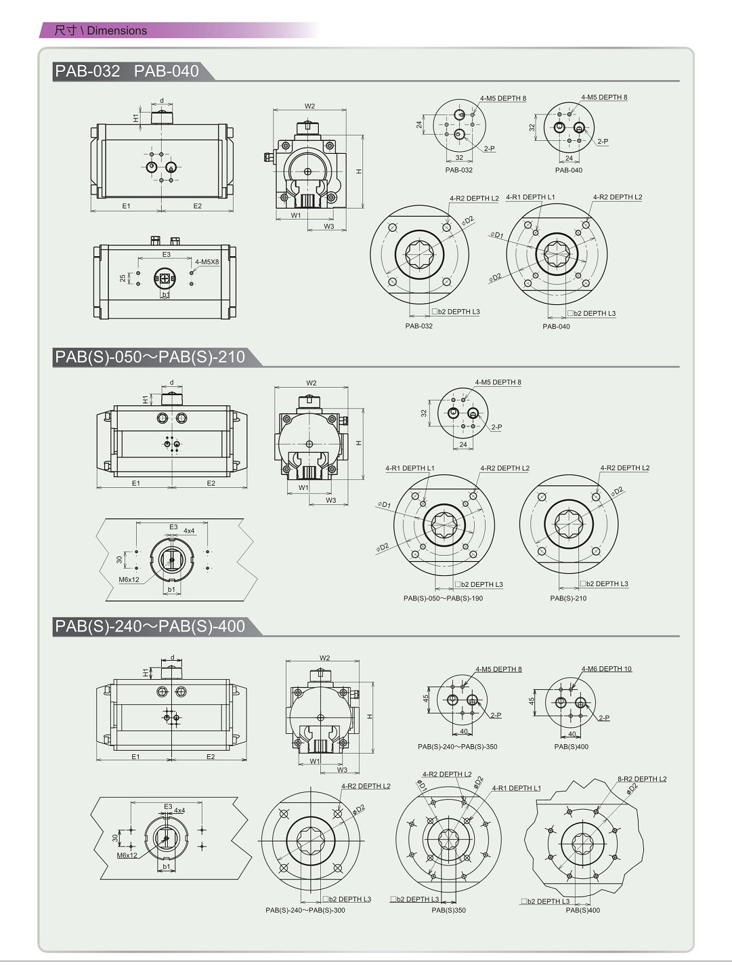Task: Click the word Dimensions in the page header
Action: pos(116,30)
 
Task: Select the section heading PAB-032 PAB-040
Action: pos(127,71)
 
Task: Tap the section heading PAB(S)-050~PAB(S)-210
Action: pos(150,356)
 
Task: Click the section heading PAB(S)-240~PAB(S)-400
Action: pos(150,626)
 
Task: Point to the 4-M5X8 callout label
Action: pos(207,262)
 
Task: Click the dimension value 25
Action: pos(123,278)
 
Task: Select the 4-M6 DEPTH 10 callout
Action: pos(607,669)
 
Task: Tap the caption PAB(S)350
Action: pos(448,910)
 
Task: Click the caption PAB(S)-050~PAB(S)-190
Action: pos(443,598)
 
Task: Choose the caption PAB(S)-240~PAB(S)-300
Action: pos(305,910)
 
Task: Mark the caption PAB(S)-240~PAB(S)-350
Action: pos(458,747)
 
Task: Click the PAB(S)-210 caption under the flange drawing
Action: pos(568,598)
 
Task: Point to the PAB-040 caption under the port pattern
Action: pos(569,170)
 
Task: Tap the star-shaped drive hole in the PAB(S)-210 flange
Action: pos(569,524)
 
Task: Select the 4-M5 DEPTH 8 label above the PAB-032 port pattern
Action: pos(502,98)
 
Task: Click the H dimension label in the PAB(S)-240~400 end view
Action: pos(369,716)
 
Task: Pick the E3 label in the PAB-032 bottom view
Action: pos(166,255)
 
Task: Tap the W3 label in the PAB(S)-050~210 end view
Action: pos(330,500)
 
